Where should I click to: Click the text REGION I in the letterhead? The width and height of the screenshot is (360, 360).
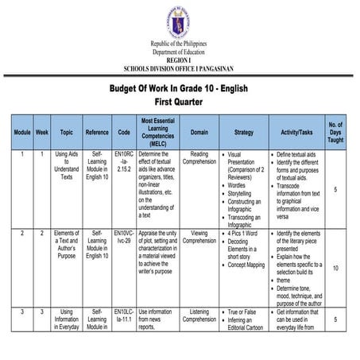click(180, 60)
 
